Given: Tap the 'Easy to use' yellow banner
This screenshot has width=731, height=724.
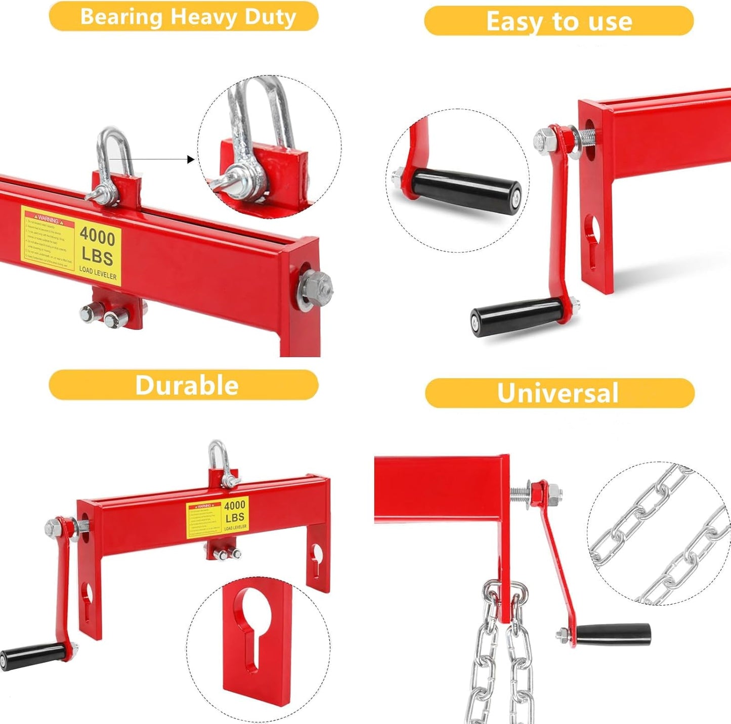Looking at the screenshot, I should (x=558, y=21).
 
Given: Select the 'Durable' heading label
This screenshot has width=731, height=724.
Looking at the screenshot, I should (x=186, y=385).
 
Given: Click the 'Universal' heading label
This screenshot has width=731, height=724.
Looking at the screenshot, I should (x=558, y=393).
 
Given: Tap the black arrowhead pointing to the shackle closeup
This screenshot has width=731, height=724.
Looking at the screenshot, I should (x=191, y=160).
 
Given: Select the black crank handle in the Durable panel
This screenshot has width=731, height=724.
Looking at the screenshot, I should (x=33, y=656).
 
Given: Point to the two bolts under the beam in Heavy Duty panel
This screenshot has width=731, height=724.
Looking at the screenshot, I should (x=105, y=315).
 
